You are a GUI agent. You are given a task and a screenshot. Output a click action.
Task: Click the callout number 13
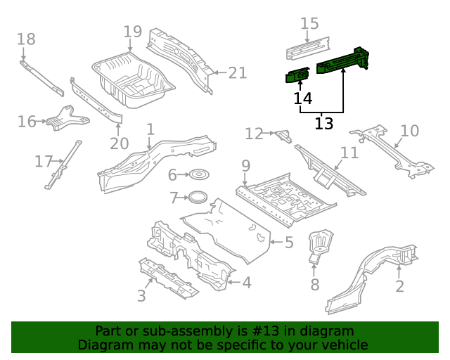323,124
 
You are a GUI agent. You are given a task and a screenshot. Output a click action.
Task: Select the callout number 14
303,98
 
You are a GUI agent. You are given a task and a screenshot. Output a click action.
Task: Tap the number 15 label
309,24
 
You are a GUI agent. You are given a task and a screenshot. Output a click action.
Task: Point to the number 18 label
25,39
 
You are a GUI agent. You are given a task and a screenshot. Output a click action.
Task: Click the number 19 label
132,32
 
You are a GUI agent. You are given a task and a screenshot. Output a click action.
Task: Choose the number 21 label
238,72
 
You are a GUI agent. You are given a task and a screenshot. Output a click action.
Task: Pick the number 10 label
409,131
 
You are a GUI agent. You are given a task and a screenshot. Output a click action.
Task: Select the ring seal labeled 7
198,197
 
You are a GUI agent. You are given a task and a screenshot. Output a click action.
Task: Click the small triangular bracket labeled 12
283,134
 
